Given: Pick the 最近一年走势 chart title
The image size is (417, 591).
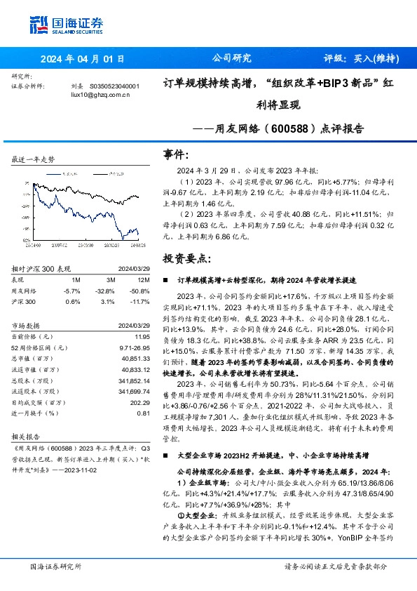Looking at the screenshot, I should [x=34, y=160].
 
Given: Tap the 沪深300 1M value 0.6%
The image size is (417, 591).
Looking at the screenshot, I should [x=73, y=302].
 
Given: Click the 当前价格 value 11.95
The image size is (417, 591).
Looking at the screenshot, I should [x=141, y=338].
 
